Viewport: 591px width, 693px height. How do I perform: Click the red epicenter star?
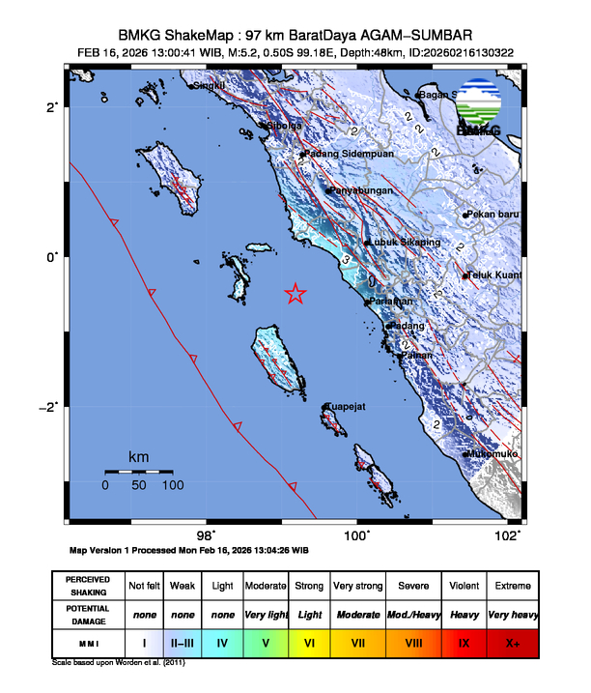(x=295, y=295)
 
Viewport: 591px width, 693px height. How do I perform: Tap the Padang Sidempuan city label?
(x=347, y=154)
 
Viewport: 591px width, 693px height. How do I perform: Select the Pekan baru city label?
(x=494, y=215)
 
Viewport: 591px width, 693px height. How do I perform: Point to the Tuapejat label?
(x=345, y=407)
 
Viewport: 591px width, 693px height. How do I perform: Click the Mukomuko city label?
(x=493, y=453)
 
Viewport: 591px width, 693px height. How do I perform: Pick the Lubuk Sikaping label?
(x=406, y=242)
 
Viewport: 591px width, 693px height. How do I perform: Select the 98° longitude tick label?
(x=206, y=536)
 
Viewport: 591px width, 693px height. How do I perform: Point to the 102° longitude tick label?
(x=516, y=536)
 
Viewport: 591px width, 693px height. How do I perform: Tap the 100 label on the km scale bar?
(x=173, y=485)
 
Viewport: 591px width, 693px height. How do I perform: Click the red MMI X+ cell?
(x=512, y=641)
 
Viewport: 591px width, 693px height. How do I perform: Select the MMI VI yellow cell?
(x=309, y=641)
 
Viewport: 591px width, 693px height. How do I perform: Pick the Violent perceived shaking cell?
(x=463, y=587)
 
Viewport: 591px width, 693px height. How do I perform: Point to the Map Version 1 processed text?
(x=189, y=550)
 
